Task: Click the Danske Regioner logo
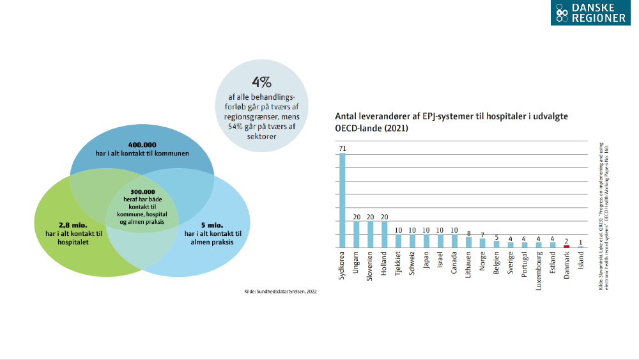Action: pyautogui.click(x=590, y=13)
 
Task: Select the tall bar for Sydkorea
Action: pyautogui.click(x=343, y=200)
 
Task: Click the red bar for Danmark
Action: pyautogui.click(x=566, y=246)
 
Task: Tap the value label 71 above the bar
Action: pyautogui.click(x=343, y=148)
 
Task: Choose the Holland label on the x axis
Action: pyautogui.click(x=385, y=264)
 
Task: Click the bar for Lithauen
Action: pyautogui.click(x=468, y=243)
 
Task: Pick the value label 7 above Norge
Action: pyautogui.click(x=482, y=235)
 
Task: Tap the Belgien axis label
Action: pyautogui.click(x=497, y=264)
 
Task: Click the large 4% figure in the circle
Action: pyautogui.click(x=261, y=82)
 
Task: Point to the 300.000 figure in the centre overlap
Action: pyautogui.click(x=142, y=192)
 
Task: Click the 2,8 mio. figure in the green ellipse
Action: pyautogui.click(x=62, y=225)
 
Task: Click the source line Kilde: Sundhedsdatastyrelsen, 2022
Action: pyautogui.click(x=281, y=292)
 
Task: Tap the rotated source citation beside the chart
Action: pyautogui.click(x=604, y=217)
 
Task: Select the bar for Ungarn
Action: pyautogui.click(x=357, y=235)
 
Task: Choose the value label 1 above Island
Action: pyautogui.click(x=580, y=242)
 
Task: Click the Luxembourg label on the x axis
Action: pyautogui.click(x=539, y=270)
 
